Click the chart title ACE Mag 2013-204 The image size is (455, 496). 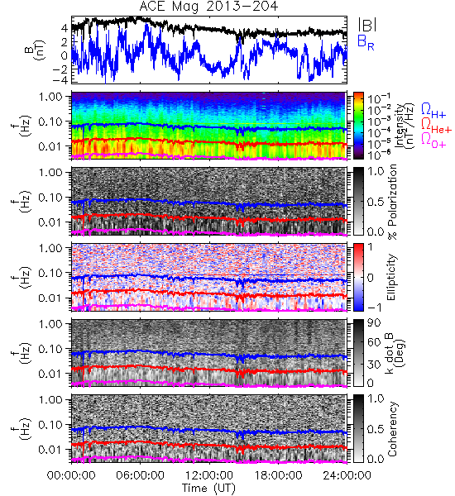[x=209, y=6]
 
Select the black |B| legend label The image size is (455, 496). [x=367, y=26]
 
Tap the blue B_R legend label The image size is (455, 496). [x=366, y=42]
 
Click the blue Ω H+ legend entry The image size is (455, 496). [x=433, y=111]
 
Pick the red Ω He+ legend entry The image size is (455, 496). [x=436, y=125]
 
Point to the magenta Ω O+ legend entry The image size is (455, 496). [x=433, y=140]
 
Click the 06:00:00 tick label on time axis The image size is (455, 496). [x=141, y=475]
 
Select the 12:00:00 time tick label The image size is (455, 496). [x=209, y=475]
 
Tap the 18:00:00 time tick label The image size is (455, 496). [x=278, y=475]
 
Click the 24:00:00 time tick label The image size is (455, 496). [x=347, y=475]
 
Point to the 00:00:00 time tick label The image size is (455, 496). [x=71, y=475]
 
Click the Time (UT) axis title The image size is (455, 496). [x=209, y=489]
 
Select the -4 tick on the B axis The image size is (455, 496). [x=60, y=80]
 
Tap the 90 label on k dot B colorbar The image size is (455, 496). [x=374, y=322]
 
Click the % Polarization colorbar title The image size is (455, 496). [x=392, y=202]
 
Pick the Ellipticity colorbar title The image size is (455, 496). [x=392, y=277]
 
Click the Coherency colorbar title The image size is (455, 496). [x=392, y=428]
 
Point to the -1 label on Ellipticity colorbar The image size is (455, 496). [x=374, y=308]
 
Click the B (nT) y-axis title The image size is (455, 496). [x=36, y=50]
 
